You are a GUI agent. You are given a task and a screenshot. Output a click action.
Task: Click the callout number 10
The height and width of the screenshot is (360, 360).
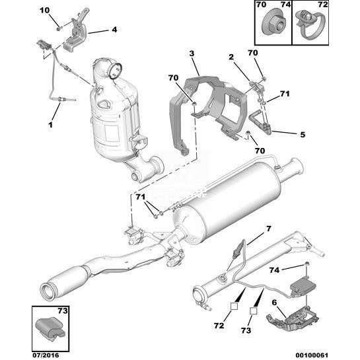pyautogui.click(x=44, y=11)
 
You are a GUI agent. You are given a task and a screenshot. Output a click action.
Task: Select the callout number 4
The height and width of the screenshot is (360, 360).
pyautogui.click(x=114, y=30)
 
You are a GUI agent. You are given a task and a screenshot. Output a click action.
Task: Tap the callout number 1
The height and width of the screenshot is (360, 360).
pyautogui.click(x=50, y=125)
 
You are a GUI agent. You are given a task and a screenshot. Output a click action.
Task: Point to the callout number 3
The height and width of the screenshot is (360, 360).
pyautogui.click(x=192, y=54)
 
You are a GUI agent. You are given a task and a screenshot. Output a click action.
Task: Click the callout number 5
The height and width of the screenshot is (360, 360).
pyautogui.click(x=303, y=135)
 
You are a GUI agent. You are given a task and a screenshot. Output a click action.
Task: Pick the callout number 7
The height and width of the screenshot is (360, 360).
pyautogui.click(x=269, y=229)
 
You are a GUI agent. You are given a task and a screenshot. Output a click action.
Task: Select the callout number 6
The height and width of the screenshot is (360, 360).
pyautogui.click(x=274, y=303)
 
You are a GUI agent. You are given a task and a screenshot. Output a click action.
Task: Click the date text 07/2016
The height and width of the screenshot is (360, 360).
pyautogui.click(x=46, y=355)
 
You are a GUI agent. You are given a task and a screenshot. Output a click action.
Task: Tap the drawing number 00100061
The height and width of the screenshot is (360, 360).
pyautogui.click(x=312, y=355)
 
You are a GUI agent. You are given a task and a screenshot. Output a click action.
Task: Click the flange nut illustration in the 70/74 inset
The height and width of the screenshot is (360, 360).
pyautogui.click(x=274, y=23)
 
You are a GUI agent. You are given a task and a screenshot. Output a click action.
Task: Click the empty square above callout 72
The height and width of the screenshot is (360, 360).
pyautogui.click(x=234, y=306)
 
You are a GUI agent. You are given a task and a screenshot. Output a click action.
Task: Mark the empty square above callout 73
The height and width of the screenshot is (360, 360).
pyautogui.click(x=254, y=310)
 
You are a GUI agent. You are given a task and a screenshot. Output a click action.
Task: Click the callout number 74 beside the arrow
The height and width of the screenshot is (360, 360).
pyautogui.click(x=275, y=270)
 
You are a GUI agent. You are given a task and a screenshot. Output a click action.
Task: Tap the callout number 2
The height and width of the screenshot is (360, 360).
pyautogui.click(x=231, y=57)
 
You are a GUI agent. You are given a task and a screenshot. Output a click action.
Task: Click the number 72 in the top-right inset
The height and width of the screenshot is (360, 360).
pyautogui.click(x=323, y=5)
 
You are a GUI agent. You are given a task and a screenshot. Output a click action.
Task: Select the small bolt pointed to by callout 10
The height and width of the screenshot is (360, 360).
pyautogui.click(x=59, y=28)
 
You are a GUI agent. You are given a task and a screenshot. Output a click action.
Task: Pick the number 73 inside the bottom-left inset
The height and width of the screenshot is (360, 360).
pyautogui.click(x=63, y=311)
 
